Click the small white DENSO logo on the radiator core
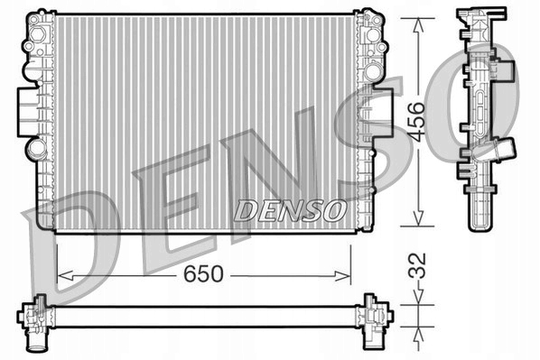290,209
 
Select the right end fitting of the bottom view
373,312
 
